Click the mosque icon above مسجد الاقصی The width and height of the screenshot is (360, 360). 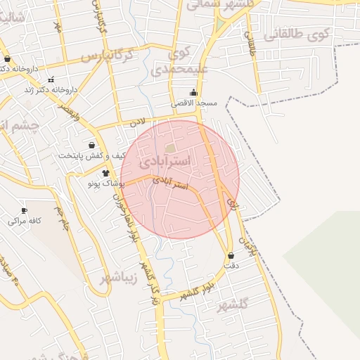194,92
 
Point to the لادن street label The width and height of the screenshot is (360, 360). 137,122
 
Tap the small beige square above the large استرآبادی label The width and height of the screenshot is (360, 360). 171,148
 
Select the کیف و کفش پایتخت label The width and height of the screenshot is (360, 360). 93,155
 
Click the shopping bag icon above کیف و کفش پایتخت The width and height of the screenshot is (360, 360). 91,145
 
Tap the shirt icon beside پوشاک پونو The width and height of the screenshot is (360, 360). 106,172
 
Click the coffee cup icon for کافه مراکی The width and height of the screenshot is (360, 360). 25,210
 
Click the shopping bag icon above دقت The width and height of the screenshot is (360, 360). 231,255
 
